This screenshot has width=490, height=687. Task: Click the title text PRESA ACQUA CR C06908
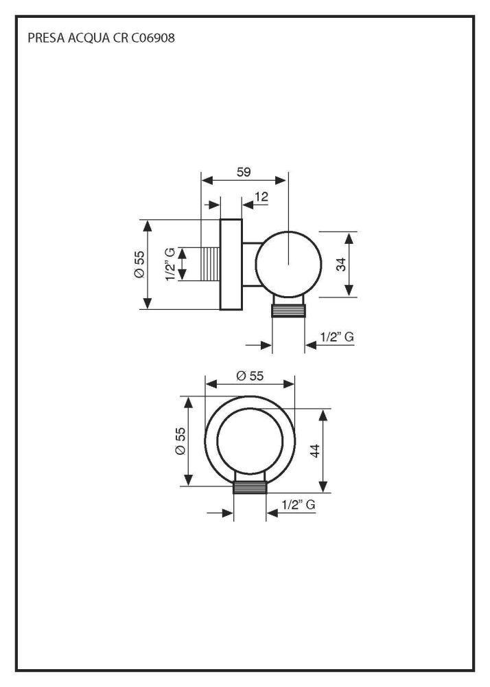101,39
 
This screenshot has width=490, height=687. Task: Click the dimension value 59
243,172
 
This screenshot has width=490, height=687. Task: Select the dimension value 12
261,197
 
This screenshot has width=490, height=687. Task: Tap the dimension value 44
315,451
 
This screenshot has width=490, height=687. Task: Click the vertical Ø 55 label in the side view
139,264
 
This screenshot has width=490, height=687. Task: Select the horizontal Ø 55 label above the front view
250,376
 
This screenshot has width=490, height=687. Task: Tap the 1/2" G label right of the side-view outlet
337,337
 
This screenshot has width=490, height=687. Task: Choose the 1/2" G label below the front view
299,504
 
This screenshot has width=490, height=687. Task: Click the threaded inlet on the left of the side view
211,264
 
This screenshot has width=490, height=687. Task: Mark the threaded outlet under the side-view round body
288,308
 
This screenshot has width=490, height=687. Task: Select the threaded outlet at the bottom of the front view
250,487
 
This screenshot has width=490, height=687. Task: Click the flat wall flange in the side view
231,264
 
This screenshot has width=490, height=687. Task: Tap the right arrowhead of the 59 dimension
281,181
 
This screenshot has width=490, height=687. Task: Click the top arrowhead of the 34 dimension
350,238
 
